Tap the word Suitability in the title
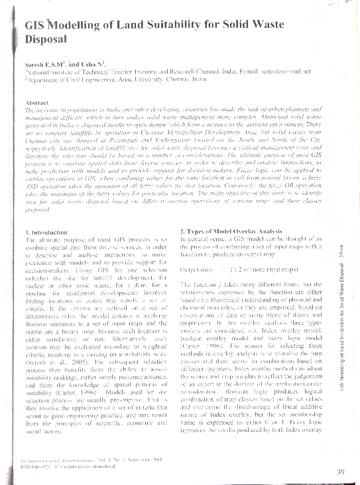click(x=168, y=27)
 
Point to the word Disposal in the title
click(x=46, y=40)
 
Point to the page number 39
click(x=341, y=471)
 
